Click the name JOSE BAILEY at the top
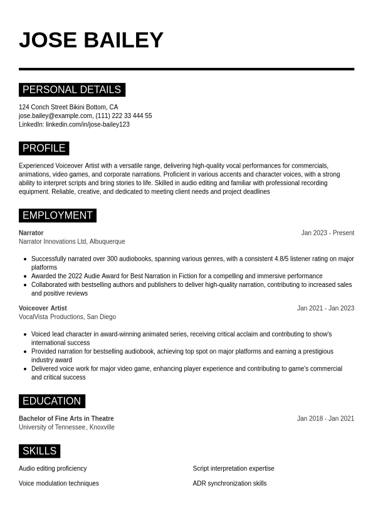tap(91, 40)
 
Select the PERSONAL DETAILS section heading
tap(71, 90)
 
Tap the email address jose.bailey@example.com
tap(56, 116)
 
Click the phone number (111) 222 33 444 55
tap(123, 116)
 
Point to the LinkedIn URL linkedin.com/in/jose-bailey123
tap(88, 124)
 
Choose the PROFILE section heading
tap(44, 149)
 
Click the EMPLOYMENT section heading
tap(57, 215)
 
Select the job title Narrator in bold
tap(31, 233)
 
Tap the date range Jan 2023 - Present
tap(327, 233)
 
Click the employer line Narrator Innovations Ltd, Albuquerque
tap(71, 242)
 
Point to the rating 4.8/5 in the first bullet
tap(286, 259)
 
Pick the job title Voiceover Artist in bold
tap(43, 308)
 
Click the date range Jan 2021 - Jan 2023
tap(325, 308)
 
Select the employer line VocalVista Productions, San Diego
tap(67, 317)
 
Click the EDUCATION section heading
tap(51, 401)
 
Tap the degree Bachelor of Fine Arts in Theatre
tap(66, 419)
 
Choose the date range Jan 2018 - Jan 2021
tap(325, 419)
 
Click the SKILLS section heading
tap(39, 451)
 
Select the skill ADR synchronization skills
tap(229, 483)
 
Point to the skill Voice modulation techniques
tap(59, 483)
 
